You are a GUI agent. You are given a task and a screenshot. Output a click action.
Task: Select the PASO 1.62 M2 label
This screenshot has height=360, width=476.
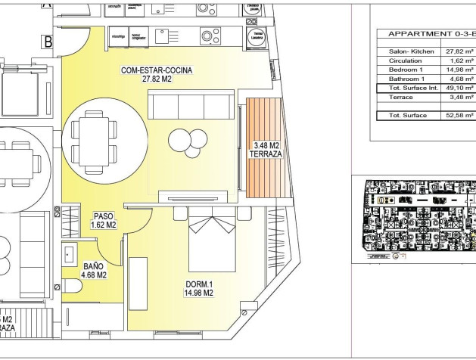(103, 220)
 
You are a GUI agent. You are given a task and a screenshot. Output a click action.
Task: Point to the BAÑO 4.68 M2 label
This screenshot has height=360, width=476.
(95, 270)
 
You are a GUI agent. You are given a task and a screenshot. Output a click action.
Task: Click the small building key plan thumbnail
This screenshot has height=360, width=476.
(415, 219)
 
